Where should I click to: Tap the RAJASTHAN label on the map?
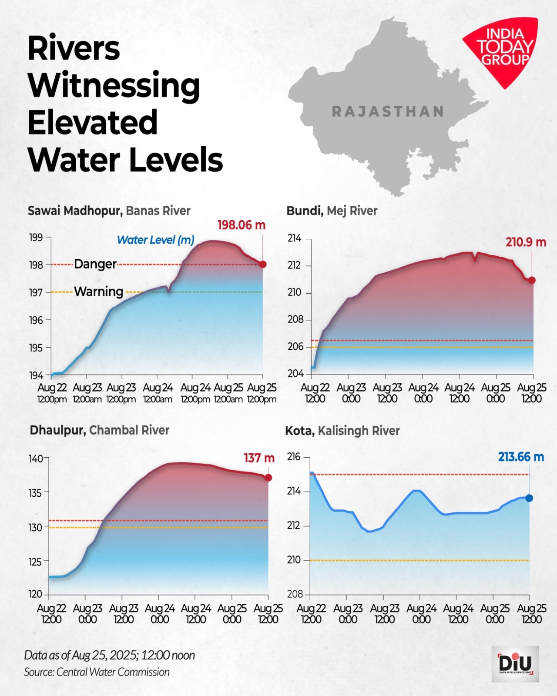388,112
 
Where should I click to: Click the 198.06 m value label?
241,225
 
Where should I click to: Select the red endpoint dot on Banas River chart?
262,264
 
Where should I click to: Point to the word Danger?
95,264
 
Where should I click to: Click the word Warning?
98,291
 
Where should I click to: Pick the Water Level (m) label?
155,240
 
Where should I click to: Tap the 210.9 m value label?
525,242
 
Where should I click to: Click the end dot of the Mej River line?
532,280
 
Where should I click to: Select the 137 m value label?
259,458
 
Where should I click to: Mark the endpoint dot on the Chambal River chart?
268,478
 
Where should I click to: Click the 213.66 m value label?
521,457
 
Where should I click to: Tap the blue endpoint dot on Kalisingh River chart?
529,498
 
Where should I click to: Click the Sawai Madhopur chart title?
109,211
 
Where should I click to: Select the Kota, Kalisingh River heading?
342,431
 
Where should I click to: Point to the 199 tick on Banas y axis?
36,238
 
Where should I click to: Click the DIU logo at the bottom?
515,663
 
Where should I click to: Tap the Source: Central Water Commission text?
97,672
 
